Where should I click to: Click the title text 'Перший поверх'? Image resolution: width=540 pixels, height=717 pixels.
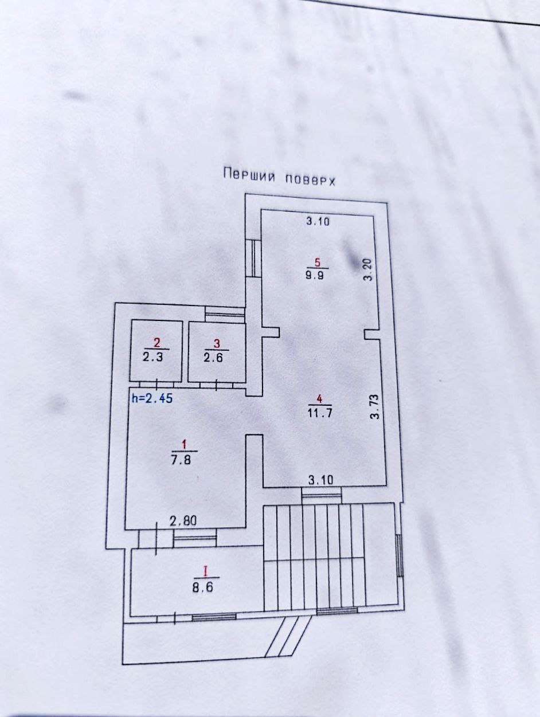pos(279,175)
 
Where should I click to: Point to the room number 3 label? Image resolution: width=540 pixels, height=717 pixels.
pos(216,343)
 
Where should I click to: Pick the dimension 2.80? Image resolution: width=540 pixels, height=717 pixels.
pos(183,521)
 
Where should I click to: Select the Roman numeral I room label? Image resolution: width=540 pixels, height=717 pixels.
pos(205,571)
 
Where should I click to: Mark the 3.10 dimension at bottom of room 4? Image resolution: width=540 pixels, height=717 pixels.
pos(321,480)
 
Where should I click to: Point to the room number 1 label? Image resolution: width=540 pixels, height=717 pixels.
pos(183,444)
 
